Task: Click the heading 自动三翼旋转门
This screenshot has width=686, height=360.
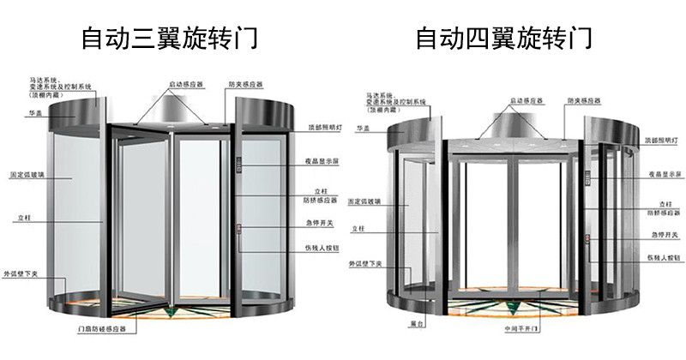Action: coord(169,39)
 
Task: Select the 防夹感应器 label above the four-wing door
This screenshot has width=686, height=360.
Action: coord(583,100)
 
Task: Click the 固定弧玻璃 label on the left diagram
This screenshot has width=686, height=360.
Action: coord(44,174)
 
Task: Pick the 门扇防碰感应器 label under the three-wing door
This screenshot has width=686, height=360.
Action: coord(103,329)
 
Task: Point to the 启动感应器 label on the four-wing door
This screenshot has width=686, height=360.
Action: coord(525,100)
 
